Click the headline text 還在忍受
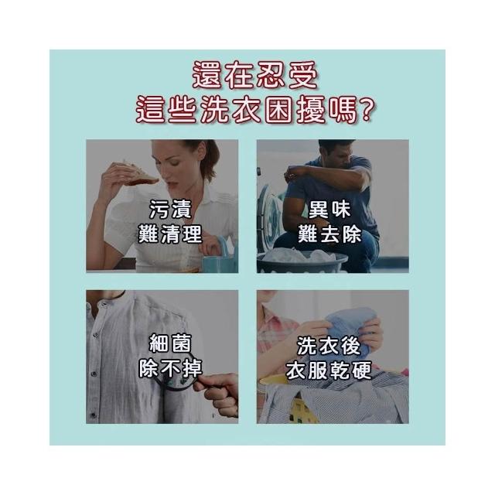[254, 75]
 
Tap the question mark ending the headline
[366, 110]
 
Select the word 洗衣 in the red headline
[230, 110]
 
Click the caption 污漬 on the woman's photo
[170, 210]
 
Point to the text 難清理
[170, 234]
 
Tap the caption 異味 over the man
[329, 210]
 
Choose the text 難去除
[329, 234]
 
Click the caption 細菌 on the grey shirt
[170, 343]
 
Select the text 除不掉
[170, 368]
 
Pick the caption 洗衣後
[329, 346]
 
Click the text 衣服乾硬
[329, 370]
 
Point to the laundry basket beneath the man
[302, 261]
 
